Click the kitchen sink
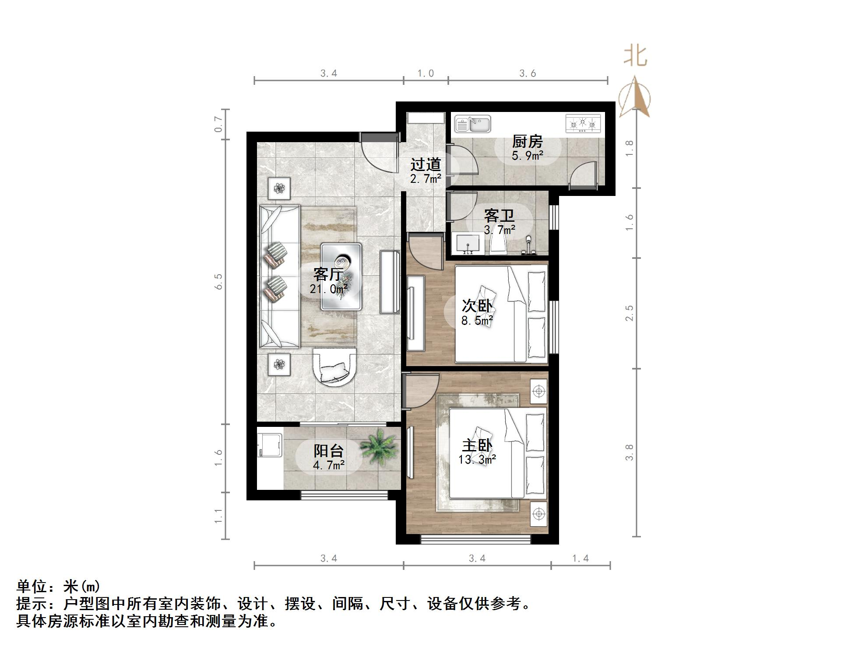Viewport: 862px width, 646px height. click(x=472, y=124)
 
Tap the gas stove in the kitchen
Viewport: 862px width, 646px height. click(x=583, y=124)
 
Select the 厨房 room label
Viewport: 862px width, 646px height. click(x=528, y=142)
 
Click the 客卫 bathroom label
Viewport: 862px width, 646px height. click(x=499, y=216)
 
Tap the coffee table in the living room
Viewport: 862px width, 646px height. click(x=341, y=276)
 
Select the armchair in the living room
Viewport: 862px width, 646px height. click(x=334, y=367)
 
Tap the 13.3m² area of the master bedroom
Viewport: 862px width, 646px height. click(x=477, y=460)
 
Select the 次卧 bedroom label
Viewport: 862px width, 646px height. click(x=477, y=306)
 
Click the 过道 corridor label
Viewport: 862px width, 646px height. click(x=426, y=164)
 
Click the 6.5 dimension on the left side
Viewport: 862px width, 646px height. click(x=218, y=282)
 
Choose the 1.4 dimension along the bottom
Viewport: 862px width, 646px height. click(x=581, y=558)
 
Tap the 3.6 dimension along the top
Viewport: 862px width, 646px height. click(x=528, y=73)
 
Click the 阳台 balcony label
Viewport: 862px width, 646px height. click(x=329, y=450)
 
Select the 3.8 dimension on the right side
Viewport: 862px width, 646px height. click(x=630, y=452)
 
